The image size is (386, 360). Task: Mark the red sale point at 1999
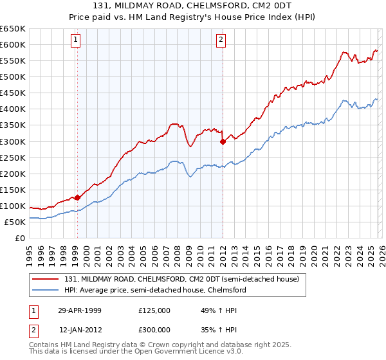pos(77,197)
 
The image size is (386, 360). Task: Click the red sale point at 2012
pos(223,142)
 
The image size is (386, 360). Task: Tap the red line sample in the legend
pos(46,280)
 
